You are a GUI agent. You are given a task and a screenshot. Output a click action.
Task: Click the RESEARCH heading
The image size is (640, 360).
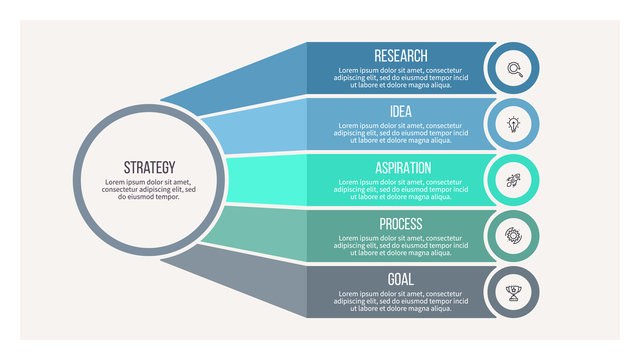400,56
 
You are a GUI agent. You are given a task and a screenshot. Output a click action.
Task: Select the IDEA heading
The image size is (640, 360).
400,111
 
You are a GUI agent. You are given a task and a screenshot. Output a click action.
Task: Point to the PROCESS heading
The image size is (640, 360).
400,223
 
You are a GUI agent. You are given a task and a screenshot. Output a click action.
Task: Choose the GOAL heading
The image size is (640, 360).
400,279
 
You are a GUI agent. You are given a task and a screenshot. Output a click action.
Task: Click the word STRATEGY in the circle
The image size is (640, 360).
149,167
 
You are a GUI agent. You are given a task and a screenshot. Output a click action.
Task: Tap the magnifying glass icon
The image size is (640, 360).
514,69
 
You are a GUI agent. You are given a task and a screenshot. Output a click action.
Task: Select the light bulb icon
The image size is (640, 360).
514,125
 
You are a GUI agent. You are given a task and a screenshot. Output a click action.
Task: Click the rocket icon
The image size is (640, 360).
514,181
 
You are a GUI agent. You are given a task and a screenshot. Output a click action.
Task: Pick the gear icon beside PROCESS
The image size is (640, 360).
514,237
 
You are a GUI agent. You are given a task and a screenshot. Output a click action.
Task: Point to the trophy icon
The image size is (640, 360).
514,293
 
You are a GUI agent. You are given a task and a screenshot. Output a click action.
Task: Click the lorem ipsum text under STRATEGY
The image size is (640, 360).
149,189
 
